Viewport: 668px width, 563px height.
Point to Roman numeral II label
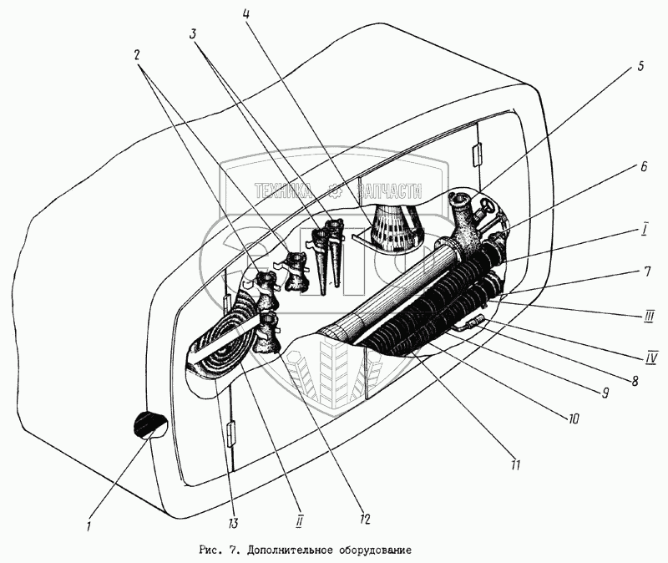click(298, 520)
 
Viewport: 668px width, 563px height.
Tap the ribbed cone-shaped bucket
click(389, 227)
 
